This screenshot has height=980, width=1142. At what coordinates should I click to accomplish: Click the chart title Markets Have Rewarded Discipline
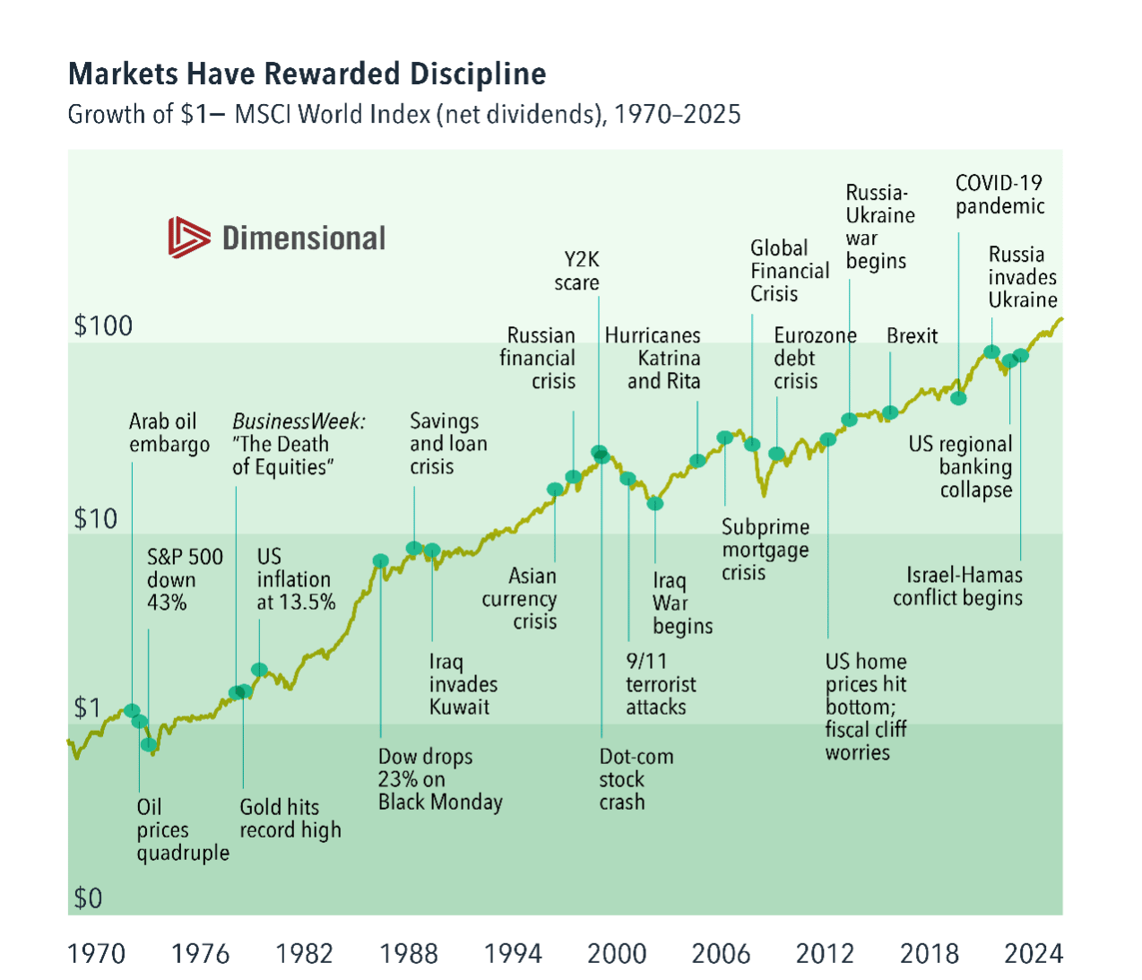coord(307,74)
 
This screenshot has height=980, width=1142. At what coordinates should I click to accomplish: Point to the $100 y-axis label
coord(103,325)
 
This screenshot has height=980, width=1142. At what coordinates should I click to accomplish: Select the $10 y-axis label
coord(95,518)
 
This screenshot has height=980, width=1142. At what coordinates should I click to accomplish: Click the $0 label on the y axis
coord(88,898)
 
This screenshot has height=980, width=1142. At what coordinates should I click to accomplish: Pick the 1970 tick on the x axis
coord(96,953)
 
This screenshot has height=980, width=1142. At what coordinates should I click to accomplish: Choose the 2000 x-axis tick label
coord(617,953)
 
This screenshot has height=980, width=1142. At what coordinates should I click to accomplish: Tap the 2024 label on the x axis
coord(1034,953)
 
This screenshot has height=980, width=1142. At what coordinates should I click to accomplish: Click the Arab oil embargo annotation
coord(169,433)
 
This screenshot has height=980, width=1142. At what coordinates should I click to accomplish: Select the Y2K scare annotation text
coord(577,271)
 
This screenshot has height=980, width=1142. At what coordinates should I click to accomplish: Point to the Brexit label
coord(912,336)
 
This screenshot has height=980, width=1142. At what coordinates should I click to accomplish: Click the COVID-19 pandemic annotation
coord(999,195)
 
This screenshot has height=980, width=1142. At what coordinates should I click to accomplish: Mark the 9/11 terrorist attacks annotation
coord(661,684)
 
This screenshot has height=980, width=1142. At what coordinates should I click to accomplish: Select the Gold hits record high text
coord(290,819)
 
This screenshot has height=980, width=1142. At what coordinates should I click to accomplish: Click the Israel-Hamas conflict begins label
coord(957,586)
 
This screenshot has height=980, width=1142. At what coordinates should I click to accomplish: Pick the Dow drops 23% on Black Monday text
coord(439,779)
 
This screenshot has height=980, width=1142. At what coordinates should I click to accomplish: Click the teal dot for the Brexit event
coord(890,413)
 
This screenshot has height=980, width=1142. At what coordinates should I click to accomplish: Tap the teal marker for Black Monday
coord(380,561)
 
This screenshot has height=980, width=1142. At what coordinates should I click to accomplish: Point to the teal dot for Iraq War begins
coord(655,504)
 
